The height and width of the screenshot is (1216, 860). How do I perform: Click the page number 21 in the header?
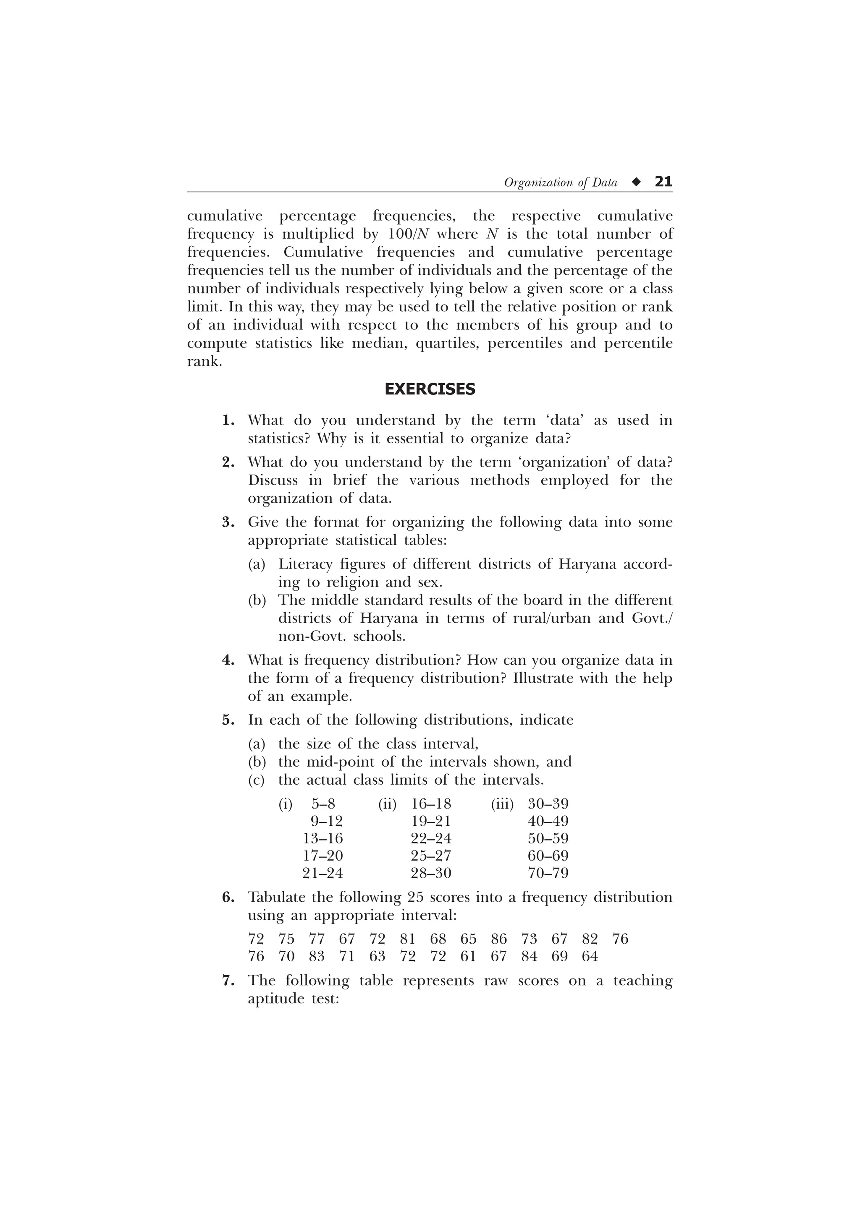(663, 182)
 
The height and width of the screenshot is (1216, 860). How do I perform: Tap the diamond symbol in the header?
(636, 182)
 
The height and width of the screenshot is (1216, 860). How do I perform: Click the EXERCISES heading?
(430, 389)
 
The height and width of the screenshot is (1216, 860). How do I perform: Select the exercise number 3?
(228, 522)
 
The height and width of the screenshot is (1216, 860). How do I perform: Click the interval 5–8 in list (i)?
(323, 804)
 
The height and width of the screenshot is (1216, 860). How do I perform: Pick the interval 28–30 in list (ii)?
(431, 873)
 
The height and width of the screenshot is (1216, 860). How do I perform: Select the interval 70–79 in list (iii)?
(548, 873)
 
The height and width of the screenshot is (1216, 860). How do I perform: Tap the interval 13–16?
(322, 838)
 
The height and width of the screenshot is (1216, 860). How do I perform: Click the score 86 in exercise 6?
(498, 939)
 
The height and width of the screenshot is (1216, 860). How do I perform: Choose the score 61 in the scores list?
(468, 957)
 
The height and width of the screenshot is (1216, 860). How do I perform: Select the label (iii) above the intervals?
(502, 804)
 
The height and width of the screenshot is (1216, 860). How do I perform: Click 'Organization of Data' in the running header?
(561, 183)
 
